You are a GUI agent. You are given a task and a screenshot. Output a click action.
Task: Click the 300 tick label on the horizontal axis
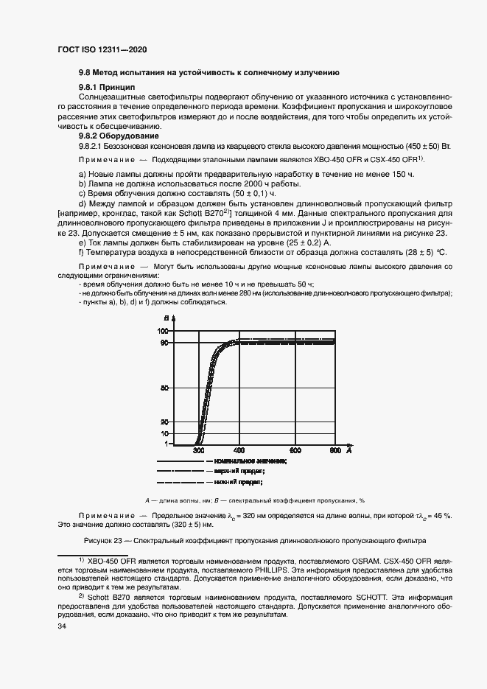click(x=199, y=450)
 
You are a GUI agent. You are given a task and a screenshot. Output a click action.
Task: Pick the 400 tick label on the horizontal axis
click(x=239, y=450)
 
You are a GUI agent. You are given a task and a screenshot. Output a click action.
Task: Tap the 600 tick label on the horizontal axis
click(x=295, y=450)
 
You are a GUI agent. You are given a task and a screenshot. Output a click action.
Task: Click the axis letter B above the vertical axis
click(x=167, y=318)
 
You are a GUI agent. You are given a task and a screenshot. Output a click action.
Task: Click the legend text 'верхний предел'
click(x=239, y=469)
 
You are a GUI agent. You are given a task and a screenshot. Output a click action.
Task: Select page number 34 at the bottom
click(x=62, y=626)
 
